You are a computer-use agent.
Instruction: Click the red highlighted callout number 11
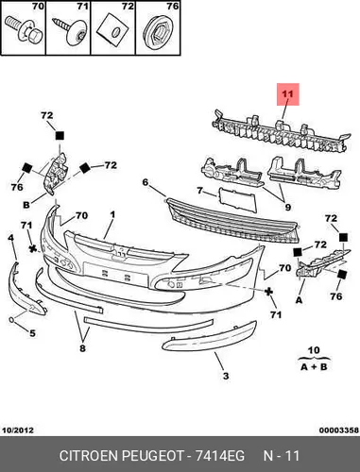click(287, 93)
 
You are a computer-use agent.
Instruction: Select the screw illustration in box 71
click(71, 31)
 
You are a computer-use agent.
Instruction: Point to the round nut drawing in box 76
click(159, 31)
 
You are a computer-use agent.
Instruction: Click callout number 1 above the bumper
click(112, 214)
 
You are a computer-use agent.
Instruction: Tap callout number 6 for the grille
click(145, 182)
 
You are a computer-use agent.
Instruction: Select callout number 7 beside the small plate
click(199, 191)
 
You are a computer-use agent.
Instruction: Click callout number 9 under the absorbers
click(287, 207)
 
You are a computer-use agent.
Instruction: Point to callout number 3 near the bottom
click(226, 376)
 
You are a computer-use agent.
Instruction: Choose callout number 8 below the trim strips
click(82, 348)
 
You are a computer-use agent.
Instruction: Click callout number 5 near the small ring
click(32, 333)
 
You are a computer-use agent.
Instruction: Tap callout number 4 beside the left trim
click(11, 238)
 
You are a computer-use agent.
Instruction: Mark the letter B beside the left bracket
click(26, 205)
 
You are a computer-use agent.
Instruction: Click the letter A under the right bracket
click(299, 300)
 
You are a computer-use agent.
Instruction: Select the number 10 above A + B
click(314, 350)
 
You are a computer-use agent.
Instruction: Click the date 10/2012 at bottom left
click(18, 430)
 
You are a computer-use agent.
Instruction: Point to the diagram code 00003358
click(339, 430)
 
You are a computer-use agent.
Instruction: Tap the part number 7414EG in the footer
click(220, 456)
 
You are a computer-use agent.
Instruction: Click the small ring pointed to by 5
click(11, 320)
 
